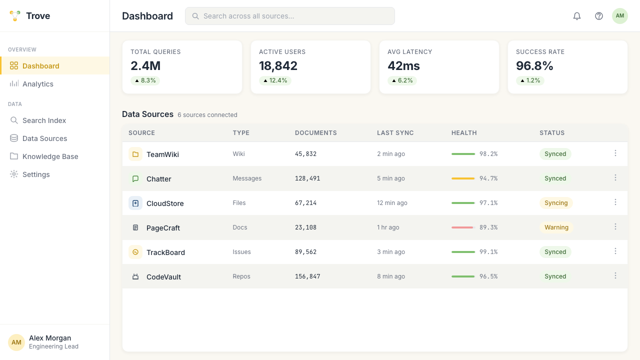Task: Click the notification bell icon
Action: click(577, 16)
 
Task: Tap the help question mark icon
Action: click(599, 16)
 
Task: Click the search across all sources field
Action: click(289, 16)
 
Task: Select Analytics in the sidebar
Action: click(37, 84)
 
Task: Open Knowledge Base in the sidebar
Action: click(50, 156)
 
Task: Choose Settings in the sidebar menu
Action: click(36, 174)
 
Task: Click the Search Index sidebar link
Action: click(44, 120)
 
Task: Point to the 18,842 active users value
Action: click(278, 66)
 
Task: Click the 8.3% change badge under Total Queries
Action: click(145, 80)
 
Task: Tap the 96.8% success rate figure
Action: click(534, 66)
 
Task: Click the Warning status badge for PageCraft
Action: click(556, 227)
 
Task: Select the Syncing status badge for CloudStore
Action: click(556, 203)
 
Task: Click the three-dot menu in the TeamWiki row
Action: click(615, 153)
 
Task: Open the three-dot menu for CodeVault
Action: click(615, 275)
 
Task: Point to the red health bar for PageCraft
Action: click(462, 227)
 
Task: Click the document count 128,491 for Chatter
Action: click(307, 178)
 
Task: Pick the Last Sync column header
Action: click(395, 133)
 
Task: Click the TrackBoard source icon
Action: click(135, 252)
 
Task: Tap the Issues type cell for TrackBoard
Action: click(241, 252)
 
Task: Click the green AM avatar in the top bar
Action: click(619, 16)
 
